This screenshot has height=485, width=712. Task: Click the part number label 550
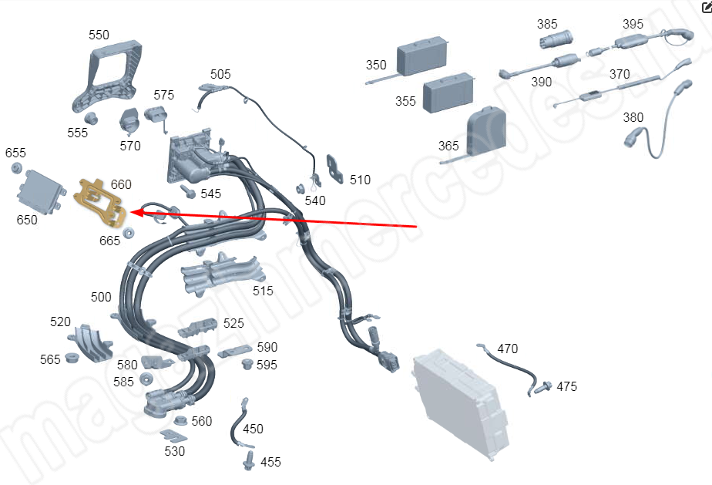point(99,35)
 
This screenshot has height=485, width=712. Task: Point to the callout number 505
point(220,74)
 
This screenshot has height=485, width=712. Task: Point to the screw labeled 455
point(249,461)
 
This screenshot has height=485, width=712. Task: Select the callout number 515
point(263,291)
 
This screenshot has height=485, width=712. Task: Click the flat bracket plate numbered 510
point(337,170)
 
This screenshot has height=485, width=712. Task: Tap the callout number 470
point(507,349)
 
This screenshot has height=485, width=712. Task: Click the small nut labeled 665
point(129,232)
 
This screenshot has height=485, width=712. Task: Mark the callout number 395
point(633,24)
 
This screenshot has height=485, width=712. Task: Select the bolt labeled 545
point(187,190)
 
